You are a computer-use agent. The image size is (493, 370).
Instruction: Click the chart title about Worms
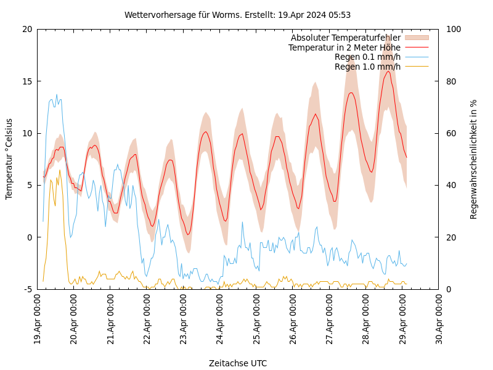tap(237, 15)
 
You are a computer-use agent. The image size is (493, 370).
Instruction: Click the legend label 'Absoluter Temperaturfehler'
tap(345, 38)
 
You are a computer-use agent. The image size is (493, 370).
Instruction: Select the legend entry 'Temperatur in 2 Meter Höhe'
tap(344, 47)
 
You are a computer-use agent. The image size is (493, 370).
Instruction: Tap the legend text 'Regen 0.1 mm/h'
tap(367, 57)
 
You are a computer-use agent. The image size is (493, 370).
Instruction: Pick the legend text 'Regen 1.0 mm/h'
tap(367, 67)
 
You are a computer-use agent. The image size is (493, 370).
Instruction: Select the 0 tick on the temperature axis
tap(30, 237)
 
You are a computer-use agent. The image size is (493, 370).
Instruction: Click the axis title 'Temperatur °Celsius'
tap(9, 159)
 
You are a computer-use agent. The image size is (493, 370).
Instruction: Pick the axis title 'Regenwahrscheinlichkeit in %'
tap(474, 159)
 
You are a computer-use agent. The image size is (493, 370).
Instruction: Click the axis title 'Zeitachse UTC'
tap(238, 363)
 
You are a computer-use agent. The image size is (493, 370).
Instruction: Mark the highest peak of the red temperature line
tap(388, 71)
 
